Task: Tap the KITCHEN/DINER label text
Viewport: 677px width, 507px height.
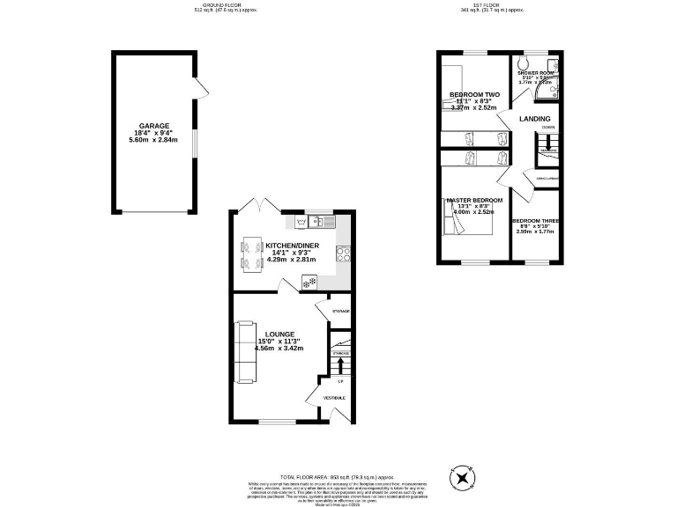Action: pyautogui.click(x=292, y=246)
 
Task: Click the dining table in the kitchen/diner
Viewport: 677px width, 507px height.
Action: pyautogui.click(x=250, y=252)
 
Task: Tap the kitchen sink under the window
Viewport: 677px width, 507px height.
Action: pyautogui.click(x=316, y=220)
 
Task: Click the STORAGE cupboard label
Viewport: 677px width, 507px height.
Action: pyautogui.click(x=340, y=312)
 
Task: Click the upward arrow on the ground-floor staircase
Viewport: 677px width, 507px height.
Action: pyautogui.click(x=340, y=364)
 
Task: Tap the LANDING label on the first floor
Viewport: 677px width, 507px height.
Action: pyautogui.click(x=535, y=119)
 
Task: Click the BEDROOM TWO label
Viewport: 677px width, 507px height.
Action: pyautogui.click(x=474, y=94)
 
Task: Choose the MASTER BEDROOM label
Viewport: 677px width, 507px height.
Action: pyautogui.click(x=474, y=201)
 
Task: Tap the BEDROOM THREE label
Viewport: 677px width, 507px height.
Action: pyautogui.click(x=536, y=220)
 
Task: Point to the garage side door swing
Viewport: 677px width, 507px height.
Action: pyautogui.click(x=202, y=87)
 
